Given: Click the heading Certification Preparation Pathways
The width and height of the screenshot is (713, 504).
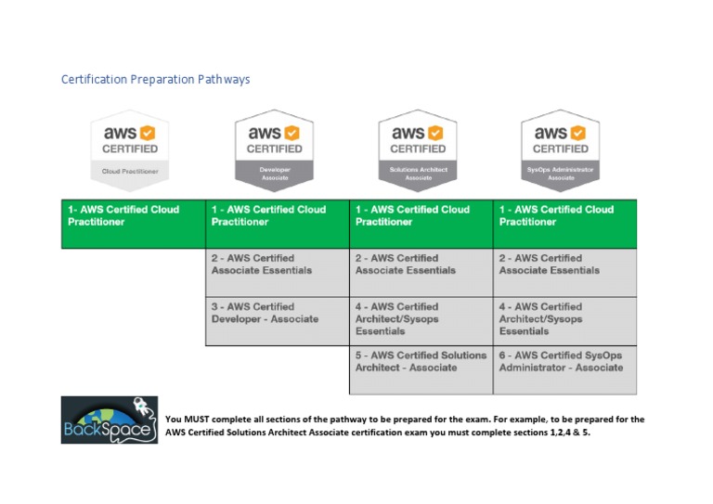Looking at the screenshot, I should pyautogui.click(x=155, y=80).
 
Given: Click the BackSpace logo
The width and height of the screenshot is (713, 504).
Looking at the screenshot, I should pyautogui.click(x=110, y=420).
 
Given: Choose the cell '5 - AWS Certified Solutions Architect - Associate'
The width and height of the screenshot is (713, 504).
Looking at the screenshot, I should pyautogui.click(x=421, y=369).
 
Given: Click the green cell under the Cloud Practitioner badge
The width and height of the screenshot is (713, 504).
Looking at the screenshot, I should pyautogui.click(x=133, y=224).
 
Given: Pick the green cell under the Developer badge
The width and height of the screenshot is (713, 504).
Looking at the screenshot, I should pyautogui.click(x=278, y=224).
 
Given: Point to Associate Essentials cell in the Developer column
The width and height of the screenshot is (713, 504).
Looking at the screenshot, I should pyautogui.click(x=278, y=272).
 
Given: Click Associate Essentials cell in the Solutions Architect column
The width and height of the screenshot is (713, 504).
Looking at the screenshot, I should pyautogui.click(x=421, y=272).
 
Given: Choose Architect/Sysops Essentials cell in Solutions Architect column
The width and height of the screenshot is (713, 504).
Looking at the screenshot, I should pyautogui.click(x=421, y=321).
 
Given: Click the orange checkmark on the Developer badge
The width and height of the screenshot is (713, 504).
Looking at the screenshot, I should pyautogui.click(x=292, y=133).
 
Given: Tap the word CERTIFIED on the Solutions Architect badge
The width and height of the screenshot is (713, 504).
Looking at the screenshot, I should pyautogui.click(x=418, y=149).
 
